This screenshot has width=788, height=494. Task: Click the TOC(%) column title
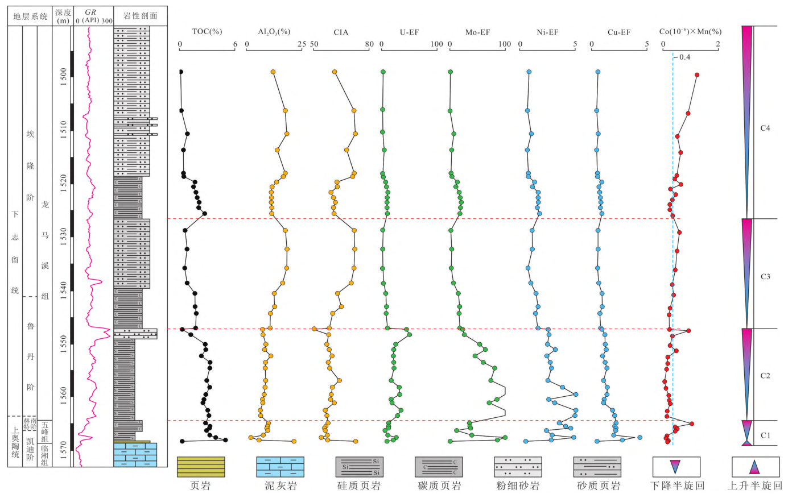pos(207,32)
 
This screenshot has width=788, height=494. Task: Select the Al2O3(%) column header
pos(274,32)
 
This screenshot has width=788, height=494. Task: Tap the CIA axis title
pos(341,32)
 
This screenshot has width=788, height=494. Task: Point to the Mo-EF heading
pos(477,32)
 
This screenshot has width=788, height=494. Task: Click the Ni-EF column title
pos(547,32)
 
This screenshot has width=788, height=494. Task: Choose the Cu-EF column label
pos(618,32)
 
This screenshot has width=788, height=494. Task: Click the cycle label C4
pos(765,128)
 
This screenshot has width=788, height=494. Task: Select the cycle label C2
pos(765,376)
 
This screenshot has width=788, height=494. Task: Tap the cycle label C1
pos(765,435)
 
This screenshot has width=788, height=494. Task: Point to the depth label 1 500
pos(64,75)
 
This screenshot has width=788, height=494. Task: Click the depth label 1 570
pos(64,447)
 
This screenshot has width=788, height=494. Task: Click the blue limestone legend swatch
pos(280,467)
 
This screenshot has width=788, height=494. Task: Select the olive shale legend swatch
pos(201,467)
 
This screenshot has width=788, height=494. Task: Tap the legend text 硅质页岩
pos(358,486)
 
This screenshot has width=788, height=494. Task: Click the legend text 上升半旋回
pos(755,486)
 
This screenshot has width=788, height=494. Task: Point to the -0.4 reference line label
pos(683,57)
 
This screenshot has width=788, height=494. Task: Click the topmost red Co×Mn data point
pos(697,74)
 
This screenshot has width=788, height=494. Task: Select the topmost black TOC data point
pos(181,72)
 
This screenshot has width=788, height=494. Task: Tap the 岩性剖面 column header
pos(141,16)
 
